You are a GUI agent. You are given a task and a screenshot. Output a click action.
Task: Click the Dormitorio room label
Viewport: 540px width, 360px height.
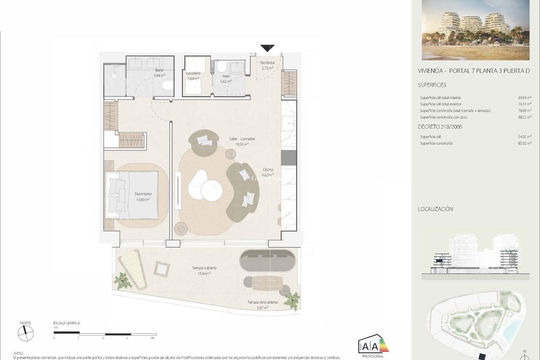coord(143,194)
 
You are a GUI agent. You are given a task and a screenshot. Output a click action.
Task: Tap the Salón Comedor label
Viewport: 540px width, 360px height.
coord(242,139)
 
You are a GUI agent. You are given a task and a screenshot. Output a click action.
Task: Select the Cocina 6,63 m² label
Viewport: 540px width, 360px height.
coord(267,172)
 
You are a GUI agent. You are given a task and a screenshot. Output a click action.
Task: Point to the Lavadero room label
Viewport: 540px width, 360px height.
coord(193,73)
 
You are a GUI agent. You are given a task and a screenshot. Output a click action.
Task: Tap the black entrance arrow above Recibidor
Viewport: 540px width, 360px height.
coord(267,48)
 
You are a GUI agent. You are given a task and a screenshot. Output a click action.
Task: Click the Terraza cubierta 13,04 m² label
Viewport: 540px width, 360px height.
coord(204,271)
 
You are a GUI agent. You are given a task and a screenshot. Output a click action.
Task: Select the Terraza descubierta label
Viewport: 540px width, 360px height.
coord(262,302)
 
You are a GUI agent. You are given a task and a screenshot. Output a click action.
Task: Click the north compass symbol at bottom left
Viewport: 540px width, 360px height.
coord(26,334)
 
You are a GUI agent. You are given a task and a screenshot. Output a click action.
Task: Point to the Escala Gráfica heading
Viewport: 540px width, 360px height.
coord(67,323)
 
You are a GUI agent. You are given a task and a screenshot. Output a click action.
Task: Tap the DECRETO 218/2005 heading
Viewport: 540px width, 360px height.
coord(440,127)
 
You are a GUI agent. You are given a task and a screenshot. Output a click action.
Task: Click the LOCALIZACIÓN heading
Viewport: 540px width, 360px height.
coord(435,209)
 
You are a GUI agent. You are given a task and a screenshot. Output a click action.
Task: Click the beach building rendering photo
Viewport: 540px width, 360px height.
coord(475,30)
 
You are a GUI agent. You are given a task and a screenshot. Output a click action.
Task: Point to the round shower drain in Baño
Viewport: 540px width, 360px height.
coord(114,75)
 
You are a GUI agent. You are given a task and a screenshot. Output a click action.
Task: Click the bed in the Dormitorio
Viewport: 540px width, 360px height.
coord(132,195)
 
